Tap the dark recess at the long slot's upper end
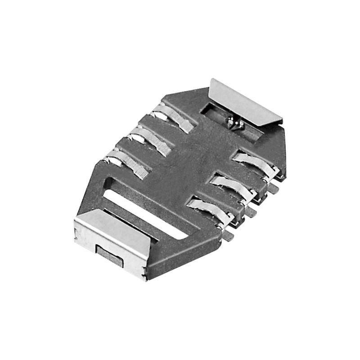[112, 182]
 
